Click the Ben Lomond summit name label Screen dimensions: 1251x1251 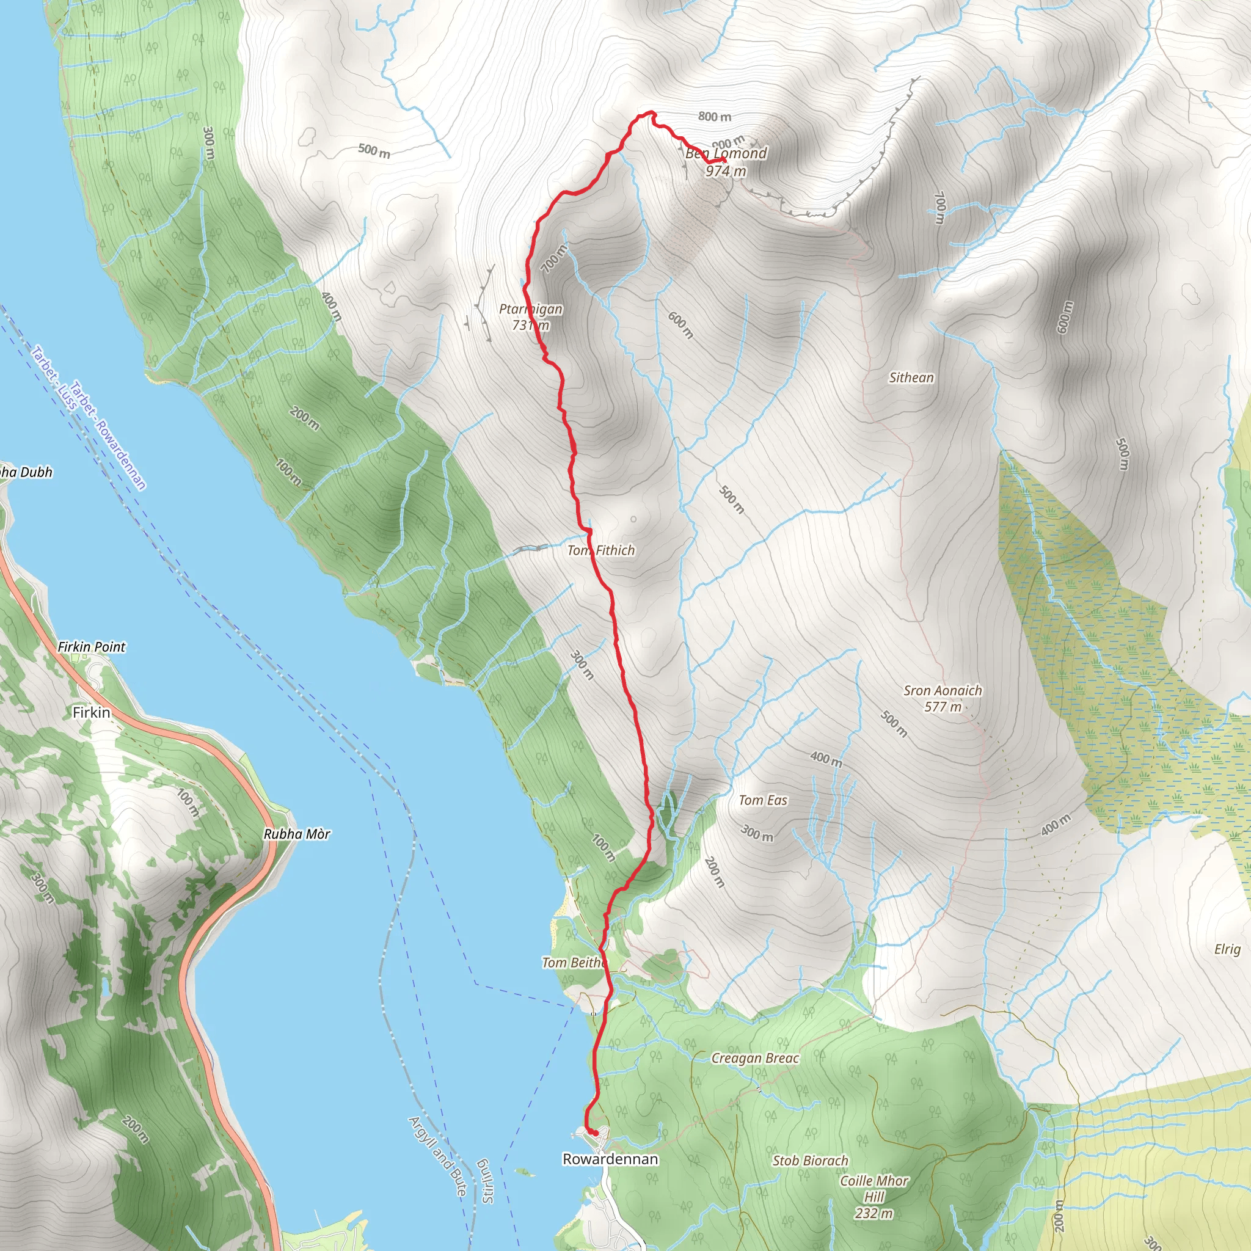(726, 153)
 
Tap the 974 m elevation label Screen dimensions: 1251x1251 (725, 171)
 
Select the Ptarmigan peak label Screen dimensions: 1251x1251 (530, 310)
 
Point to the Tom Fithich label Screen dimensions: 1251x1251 (601, 550)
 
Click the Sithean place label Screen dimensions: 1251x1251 (911, 377)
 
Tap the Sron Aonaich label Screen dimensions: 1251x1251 (943, 691)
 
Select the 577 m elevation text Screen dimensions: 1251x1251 (943, 707)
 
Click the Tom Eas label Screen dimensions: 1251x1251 (763, 800)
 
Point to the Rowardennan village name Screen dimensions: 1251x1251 (610, 1159)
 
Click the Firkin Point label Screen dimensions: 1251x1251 (91, 647)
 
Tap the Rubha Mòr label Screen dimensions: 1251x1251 (296, 834)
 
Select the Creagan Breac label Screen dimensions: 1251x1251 (755, 1058)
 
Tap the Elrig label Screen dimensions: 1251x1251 (1227, 949)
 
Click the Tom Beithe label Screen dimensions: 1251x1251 (573, 963)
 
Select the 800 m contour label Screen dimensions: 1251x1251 (714, 117)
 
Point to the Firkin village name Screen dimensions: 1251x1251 (91, 712)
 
